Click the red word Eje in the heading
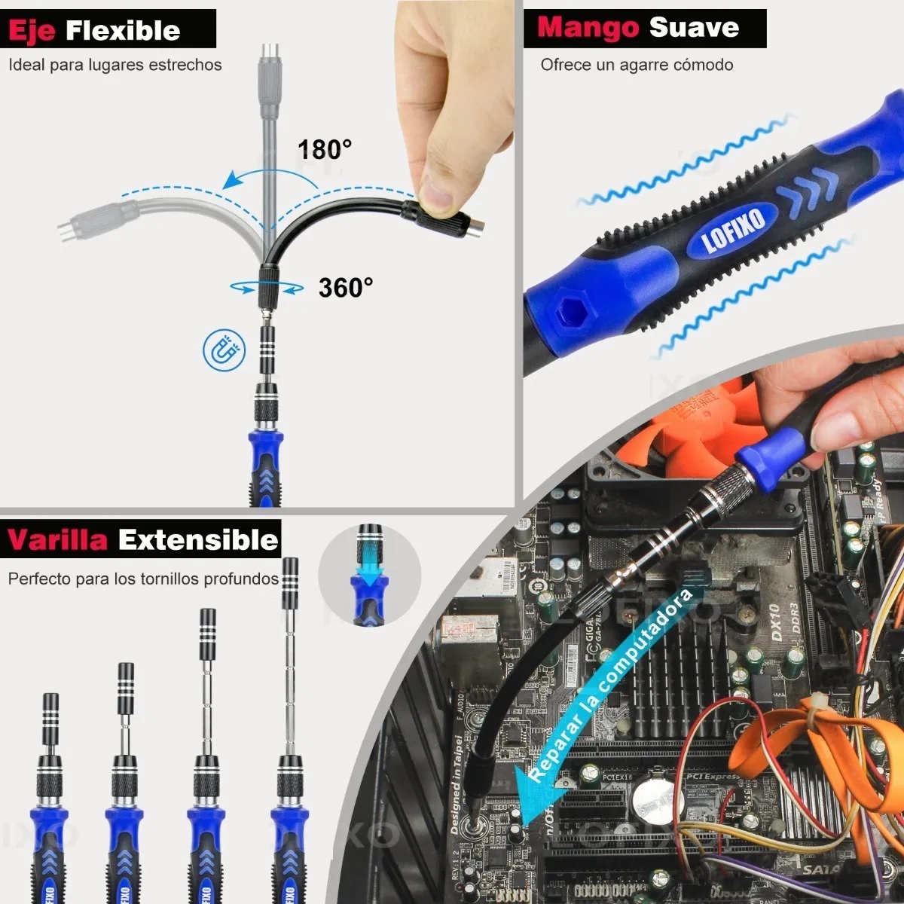[x=32, y=31]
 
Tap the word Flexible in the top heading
[x=123, y=31]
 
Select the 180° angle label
[x=324, y=150]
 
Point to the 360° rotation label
[x=345, y=288]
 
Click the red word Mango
[x=588, y=28]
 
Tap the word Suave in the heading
[x=694, y=28]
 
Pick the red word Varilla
[x=57, y=540]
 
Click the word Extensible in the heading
[x=198, y=540]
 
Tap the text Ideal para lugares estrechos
[x=115, y=65]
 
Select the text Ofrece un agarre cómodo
[x=637, y=65]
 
